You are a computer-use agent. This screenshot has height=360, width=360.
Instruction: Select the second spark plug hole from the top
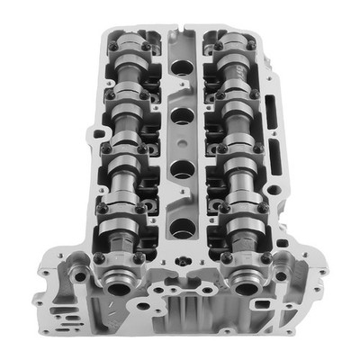(180, 114)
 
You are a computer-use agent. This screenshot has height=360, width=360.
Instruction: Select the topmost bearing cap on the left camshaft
(129, 44)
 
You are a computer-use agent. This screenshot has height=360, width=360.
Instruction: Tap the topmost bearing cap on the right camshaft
(232, 44)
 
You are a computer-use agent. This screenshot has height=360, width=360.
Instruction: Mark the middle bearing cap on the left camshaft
(127, 148)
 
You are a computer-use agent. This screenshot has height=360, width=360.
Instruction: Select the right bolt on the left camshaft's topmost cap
(146, 46)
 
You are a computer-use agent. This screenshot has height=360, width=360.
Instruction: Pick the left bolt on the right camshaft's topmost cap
(215, 46)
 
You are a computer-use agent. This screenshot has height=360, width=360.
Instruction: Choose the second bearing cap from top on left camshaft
(128, 94)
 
